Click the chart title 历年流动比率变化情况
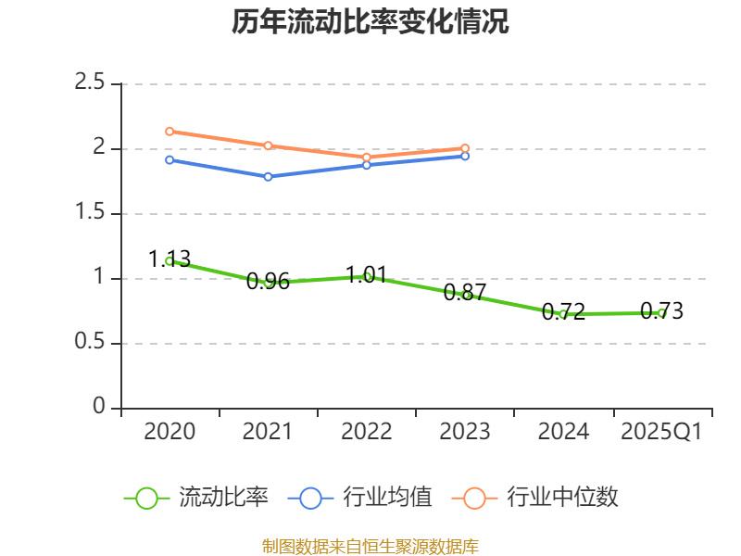click(370, 22)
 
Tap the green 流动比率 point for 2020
click(170, 261)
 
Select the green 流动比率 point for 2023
click(466, 296)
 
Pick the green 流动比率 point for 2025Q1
click(661, 313)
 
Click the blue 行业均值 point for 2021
click(268, 176)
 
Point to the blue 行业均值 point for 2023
click(465, 156)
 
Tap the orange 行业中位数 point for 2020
click(170, 132)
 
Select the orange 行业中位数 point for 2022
click(367, 157)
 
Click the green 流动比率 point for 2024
click(563, 314)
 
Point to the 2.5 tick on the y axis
click(90, 83)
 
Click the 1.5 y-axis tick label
click(90, 213)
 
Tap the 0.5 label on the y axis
click(90, 343)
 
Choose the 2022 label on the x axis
click(367, 432)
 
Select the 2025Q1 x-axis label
click(661, 432)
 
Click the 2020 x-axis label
click(170, 432)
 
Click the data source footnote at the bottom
click(370, 546)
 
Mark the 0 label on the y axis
click(100, 408)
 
